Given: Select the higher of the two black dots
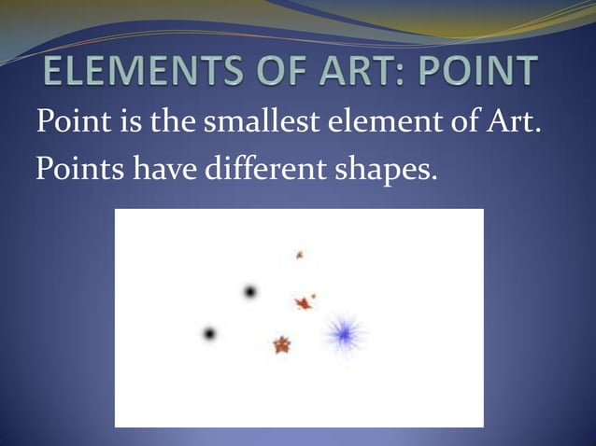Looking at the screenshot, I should pos(250,292).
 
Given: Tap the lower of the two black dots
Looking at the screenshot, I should pos(209,333).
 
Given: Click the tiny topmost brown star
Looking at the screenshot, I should pos(300,254).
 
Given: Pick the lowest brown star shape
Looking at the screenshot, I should pos(281,345).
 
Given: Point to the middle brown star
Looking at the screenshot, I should pos(303,302).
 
